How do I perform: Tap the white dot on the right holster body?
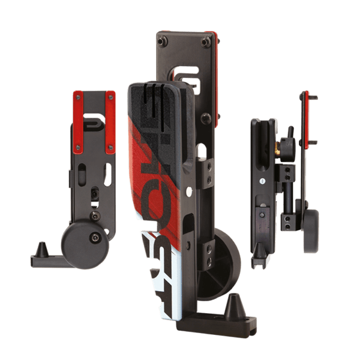click(x=262, y=181)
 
